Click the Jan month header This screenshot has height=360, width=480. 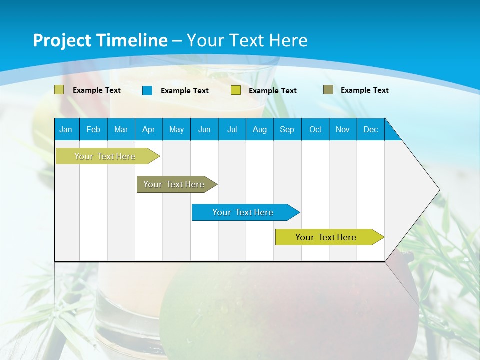point(66,129)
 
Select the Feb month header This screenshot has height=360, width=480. point(93,129)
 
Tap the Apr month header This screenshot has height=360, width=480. point(148,129)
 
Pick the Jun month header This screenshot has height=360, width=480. point(204,129)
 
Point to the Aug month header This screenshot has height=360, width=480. point(259,129)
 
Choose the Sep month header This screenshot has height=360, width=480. point(287,129)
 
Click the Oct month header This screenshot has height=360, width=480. point(315,129)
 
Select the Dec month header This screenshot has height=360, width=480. point(370,129)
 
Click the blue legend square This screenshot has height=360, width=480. point(147,90)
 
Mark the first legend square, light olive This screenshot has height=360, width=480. point(59,90)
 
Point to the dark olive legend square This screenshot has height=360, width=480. point(328,90)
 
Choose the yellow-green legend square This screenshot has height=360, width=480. point(236,90)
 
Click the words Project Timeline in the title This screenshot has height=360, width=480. point(100,40)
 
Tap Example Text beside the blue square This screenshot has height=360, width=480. point(185,91)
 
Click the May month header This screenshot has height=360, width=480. point(176,129)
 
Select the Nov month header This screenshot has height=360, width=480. point(343,129)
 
